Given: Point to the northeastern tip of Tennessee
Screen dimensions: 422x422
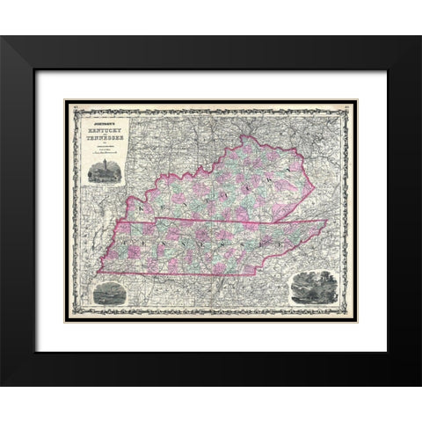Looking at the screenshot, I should (331, 219).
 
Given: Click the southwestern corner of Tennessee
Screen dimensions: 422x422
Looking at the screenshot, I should (98, 271).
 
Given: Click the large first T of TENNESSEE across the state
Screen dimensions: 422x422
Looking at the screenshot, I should (133, 237).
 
